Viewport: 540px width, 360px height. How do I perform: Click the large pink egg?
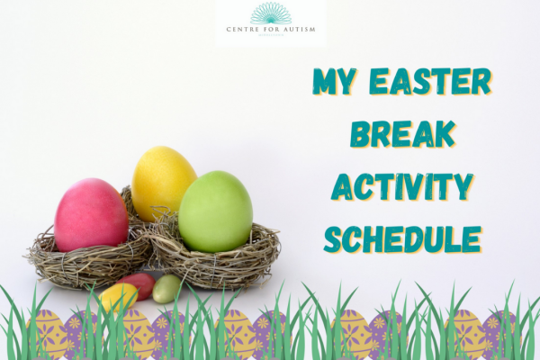(91, 214)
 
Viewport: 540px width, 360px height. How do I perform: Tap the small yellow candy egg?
(118, 296)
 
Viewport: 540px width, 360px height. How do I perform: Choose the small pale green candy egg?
(166, 289)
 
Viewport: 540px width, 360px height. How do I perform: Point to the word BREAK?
(401, 134)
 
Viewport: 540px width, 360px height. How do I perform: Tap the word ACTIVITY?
(401, 186)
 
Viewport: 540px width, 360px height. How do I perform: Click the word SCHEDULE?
(401, 238)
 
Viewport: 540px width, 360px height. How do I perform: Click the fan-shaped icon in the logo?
(271, 13)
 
